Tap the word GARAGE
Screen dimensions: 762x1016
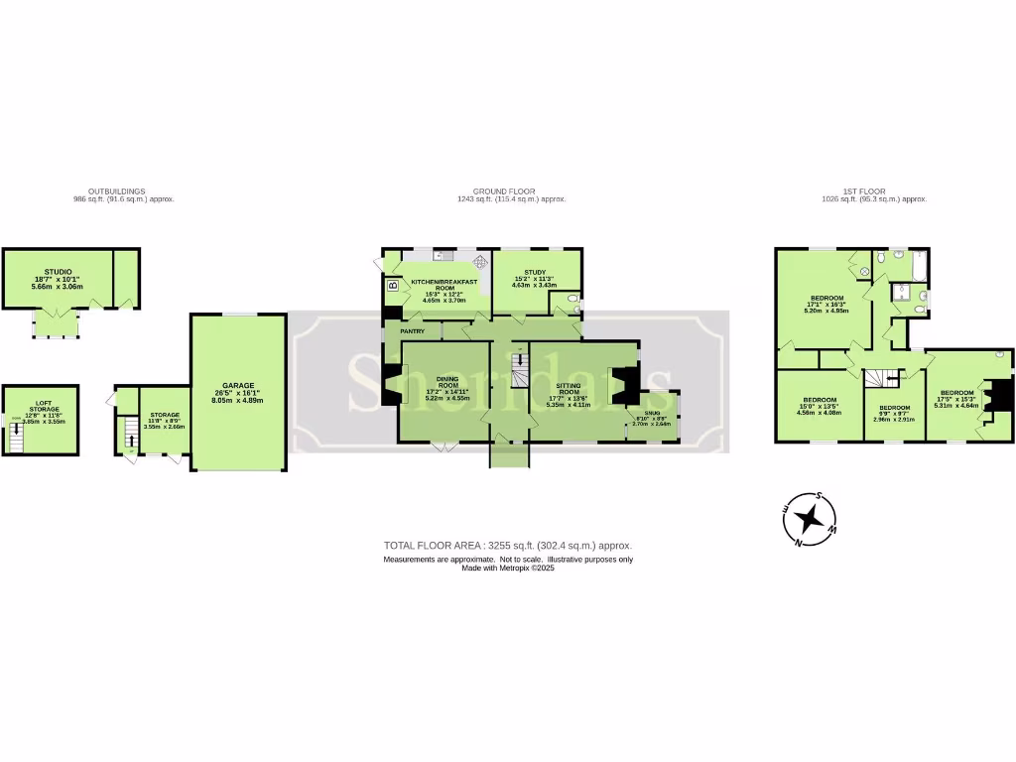point(238,385)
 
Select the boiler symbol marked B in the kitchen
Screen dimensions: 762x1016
point(393,286)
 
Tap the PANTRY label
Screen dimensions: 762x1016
point(413,330)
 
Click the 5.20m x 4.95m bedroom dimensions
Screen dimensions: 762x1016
point(826,311)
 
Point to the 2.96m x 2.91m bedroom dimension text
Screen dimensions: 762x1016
point(894,420)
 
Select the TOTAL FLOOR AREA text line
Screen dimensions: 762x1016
point(507,546)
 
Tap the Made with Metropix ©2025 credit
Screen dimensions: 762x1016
point(507,570)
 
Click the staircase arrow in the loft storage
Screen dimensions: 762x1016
point(16,435)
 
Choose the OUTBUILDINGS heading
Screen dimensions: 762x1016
point(116,190)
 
